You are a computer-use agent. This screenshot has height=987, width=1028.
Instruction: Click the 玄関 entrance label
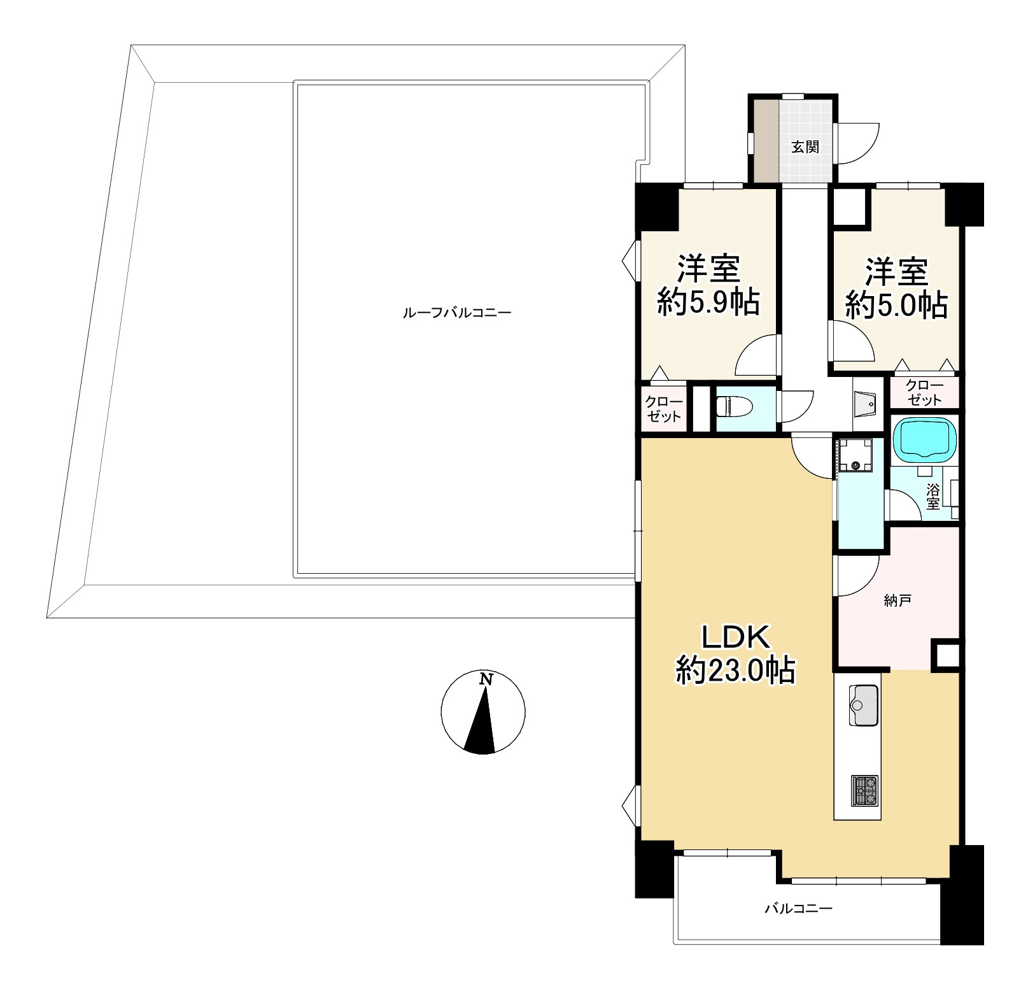(x=805, y=147)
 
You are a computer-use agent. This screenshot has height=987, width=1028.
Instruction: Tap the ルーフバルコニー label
(x=457, y=313)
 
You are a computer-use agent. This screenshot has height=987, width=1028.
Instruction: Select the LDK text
(x=736, y=636)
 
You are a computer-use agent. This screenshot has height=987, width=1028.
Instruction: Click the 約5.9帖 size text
(x=708, y=303)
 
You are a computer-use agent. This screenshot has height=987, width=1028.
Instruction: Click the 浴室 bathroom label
(x=933, y=497)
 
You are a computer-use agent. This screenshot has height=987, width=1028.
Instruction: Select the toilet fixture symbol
(x=734, y=406)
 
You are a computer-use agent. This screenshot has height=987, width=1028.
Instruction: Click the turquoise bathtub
(x=926, y=439)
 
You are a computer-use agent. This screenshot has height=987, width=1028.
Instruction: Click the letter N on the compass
(x=486, y=679)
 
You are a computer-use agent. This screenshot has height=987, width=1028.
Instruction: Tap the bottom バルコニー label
(x=798, y=908)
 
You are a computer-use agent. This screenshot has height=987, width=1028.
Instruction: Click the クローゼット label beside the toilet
(x=664, y=409)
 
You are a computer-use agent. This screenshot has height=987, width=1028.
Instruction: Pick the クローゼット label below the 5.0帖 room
(x=924, y=393)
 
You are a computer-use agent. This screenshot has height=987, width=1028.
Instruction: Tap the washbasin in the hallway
(x=866, y=401)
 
